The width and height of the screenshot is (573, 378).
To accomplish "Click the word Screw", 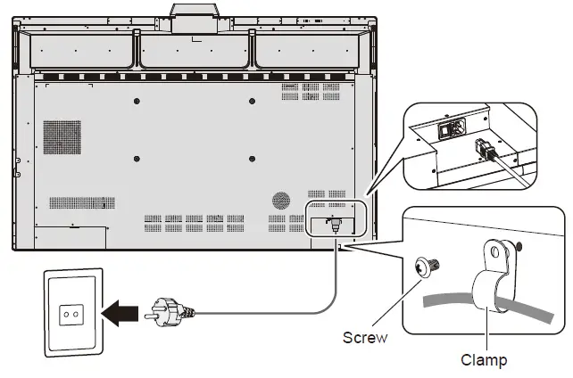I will click(365, 338).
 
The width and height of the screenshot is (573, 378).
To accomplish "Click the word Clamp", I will click(484, 360).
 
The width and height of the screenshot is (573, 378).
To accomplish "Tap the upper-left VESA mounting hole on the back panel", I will click(136, 100).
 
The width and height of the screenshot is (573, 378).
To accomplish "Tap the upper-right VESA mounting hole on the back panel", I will click(252, 100).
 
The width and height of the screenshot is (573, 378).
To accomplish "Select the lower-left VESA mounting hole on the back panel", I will click(136, 159).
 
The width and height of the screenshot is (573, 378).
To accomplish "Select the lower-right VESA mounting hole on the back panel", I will click(252, 159).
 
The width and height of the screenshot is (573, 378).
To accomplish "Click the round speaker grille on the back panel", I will click(282, 201).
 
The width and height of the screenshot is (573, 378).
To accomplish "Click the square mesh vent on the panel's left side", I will click(62, 136).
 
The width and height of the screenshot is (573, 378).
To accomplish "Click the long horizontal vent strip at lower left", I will click(81, 202).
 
